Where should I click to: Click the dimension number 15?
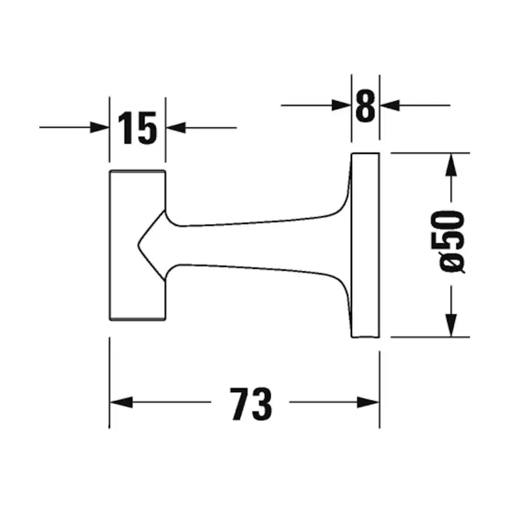click(137, 128)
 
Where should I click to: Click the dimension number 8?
click(365, 106)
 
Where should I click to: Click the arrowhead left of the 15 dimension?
click(100, 128)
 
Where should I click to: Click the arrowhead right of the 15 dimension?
click(176, 128)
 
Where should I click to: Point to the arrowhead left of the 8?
click(341, 106)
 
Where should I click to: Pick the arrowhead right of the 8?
click(389, 106)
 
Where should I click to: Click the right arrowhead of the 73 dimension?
click(369, 403)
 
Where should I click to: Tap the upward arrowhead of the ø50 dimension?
click(451, 164)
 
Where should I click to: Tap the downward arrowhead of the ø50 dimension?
click(451, 327)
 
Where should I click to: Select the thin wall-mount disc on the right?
click(365, 245)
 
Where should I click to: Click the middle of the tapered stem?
click(255, 245)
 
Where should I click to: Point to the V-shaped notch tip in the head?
click(137, 245)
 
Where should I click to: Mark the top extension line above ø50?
click(428, 152)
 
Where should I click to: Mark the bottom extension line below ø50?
click(428, 338)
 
